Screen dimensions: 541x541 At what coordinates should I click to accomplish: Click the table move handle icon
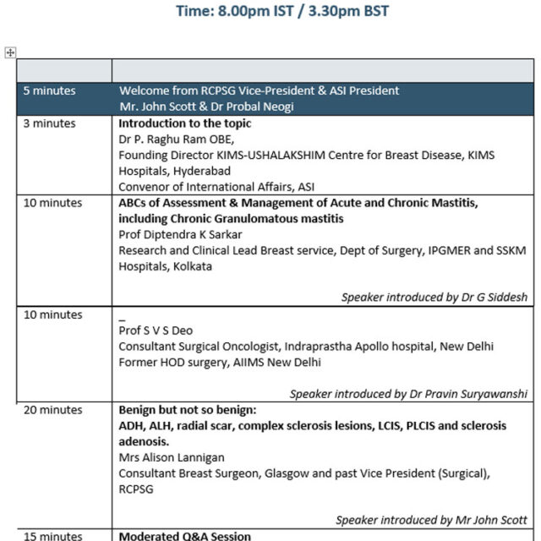click(10, 52)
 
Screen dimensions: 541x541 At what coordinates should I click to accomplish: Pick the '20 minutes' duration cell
click(52, 410)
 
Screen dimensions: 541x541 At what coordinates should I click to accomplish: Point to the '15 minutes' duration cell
click(52, 536)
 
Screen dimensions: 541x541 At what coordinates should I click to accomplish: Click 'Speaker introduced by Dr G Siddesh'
click(434, 297)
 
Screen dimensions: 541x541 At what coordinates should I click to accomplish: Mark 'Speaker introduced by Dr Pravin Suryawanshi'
click(408, 393)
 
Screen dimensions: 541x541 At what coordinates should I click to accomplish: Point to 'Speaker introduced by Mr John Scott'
click(431, 520)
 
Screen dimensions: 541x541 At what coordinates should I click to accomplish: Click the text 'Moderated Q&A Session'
click(184, 536)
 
